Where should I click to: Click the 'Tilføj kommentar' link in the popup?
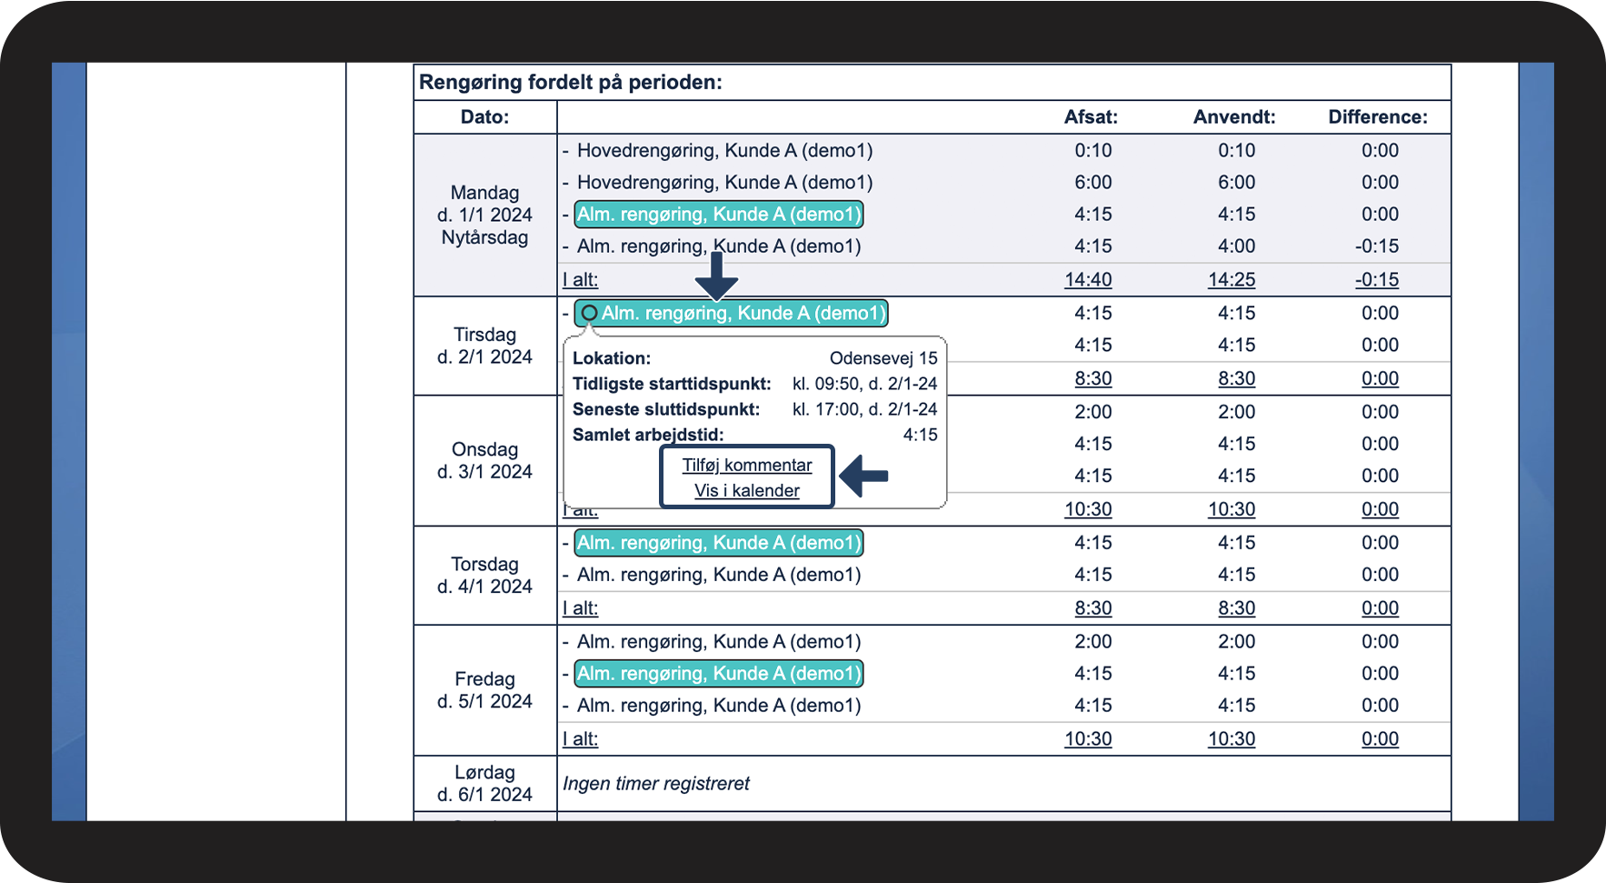[x=747, y=465]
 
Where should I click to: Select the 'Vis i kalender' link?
[x=747, y=490]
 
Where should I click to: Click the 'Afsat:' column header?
[x=1091, y=116]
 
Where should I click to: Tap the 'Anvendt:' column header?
[x=1234, y=116]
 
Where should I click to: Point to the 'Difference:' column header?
[x=1377, y=116]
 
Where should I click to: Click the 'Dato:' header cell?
[x=484, y=116]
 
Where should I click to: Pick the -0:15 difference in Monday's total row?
[x=1376, y=280]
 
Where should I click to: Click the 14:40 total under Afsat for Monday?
[x=1088, y=280]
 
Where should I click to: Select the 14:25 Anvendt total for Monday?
[x=1232, y=280]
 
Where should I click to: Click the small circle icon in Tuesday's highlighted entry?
[x=589, y=313]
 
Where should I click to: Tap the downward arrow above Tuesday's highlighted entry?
[x=717, y=276]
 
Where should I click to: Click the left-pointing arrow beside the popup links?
[x=863, y=476]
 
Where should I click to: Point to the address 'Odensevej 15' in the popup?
[x=883, y=358]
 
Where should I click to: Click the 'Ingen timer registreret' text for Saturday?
[x=656, y=784]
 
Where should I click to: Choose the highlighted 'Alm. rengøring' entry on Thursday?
[x=718, y=543]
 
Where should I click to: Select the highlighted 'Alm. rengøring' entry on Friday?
[x=718, y=674]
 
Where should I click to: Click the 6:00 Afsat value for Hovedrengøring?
[x=1092, y=183]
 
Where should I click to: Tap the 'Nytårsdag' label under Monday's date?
[x=484, y=237]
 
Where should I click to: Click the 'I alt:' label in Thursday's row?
[x=580, y=608]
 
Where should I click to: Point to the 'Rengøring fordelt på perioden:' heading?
[x=571, y=83]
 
